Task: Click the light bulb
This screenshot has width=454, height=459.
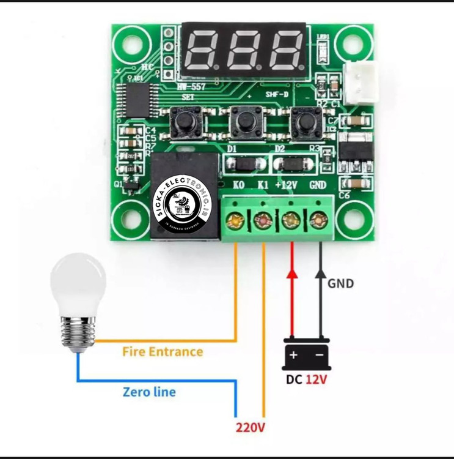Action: (78, 300)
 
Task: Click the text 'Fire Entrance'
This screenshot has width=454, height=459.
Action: (163, 352)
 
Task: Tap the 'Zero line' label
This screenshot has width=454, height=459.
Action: (149, 392)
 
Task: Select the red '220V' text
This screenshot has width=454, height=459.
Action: (251, 427)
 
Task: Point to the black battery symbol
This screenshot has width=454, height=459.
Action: (306, 354)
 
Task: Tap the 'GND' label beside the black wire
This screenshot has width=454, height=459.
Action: (340, 284)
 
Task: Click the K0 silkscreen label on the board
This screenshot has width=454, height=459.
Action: (240, 184)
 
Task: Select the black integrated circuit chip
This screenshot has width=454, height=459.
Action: (134, 100)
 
